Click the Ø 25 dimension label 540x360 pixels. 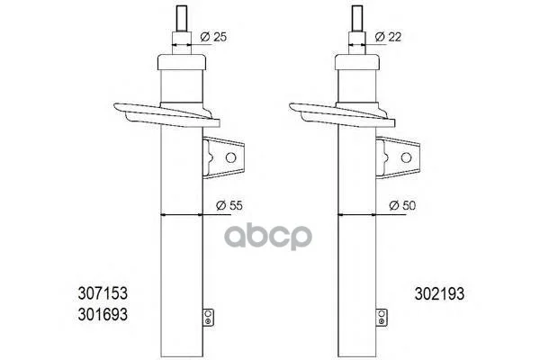tap(213, 37)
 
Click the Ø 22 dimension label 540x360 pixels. tap(388, 37)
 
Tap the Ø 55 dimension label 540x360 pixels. tap(229, 205)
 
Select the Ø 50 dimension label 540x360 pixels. tap(402, 205)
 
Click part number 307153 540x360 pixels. tap(103, 293)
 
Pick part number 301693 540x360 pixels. tap(103, 314)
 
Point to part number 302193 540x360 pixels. tap(439, 294)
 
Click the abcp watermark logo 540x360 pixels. tap(268, 237)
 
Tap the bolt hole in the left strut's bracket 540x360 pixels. tap(230, 157)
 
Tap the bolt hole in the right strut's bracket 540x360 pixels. tap(407, 157)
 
